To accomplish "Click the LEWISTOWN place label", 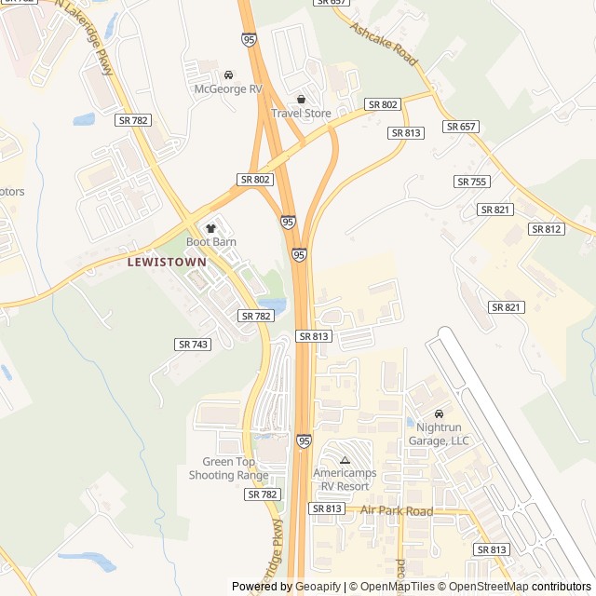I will coord(166,263).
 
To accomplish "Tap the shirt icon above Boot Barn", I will coord(210,228).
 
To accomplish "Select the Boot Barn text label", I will coord(210,242).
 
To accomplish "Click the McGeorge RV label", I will coord(228,88).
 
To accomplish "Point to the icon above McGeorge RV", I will coord(228,74).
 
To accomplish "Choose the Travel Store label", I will coord(301,114).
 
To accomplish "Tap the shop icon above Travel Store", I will coord(301,100).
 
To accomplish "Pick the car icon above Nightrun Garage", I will coord(439,414).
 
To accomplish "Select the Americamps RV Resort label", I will coord(345,480).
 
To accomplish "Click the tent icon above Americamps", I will coord(345,460).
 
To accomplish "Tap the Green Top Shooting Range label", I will coord(229,468).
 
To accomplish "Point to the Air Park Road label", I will coord(397,511).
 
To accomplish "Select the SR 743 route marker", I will coord(193,345).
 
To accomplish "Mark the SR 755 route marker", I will coord(472,182).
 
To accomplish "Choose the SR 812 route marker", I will coord(546,229).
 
